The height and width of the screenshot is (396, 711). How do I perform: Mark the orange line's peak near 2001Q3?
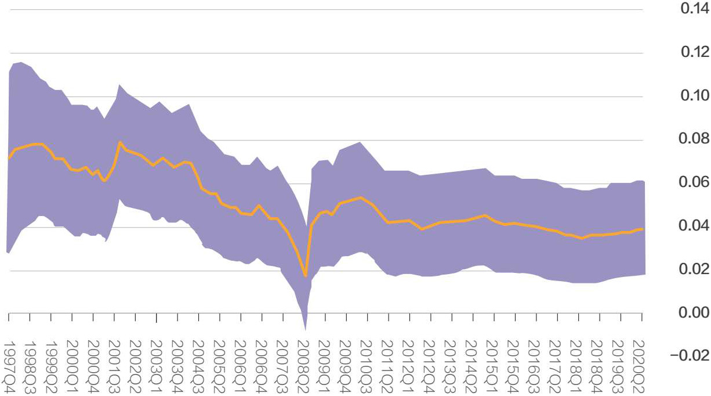120,142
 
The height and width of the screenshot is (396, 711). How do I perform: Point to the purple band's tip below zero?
306,329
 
